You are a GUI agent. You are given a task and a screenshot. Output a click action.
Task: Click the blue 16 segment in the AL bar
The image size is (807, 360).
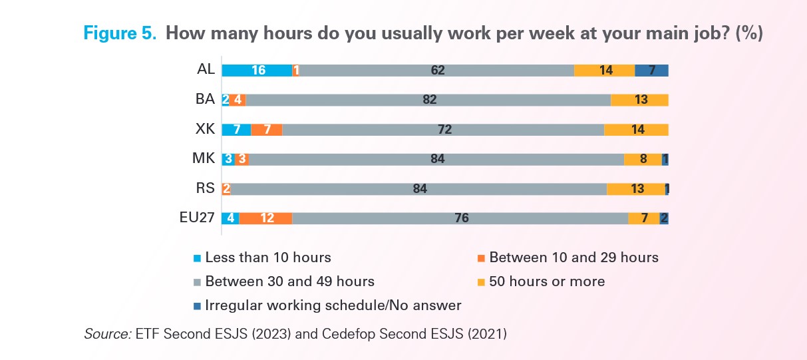point(257,70)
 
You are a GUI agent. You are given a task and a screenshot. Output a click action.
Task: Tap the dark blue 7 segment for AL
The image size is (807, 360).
point(651,70)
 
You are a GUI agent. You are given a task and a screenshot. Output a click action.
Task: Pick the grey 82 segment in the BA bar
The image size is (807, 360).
point(428,100)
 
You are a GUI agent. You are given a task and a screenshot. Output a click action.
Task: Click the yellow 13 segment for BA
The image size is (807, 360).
point(639,100)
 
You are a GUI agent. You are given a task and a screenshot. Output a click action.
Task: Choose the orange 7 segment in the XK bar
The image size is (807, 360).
point(267,129)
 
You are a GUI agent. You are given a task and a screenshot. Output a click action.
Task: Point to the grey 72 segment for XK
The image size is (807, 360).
point(443,129)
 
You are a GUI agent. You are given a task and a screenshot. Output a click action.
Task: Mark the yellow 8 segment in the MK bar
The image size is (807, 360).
point(643,159)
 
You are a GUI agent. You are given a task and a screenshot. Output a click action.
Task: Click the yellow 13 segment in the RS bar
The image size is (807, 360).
point(636,188)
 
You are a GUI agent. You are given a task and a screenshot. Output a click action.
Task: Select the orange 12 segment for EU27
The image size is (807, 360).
point(265,218)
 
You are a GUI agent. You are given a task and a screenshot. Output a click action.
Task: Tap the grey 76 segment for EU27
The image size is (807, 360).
point(460,218)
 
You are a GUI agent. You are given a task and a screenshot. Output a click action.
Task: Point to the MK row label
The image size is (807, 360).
point(203,159)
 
